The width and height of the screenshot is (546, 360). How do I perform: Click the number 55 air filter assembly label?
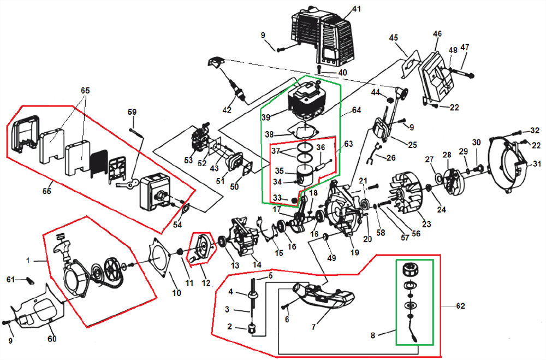[x=47, y=192]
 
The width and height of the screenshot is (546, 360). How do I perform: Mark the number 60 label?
[x=52, y=339]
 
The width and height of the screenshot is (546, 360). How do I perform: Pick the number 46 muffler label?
[x=437, y=34]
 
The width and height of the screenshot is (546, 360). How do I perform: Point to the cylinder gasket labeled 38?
[x=306, y=132]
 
